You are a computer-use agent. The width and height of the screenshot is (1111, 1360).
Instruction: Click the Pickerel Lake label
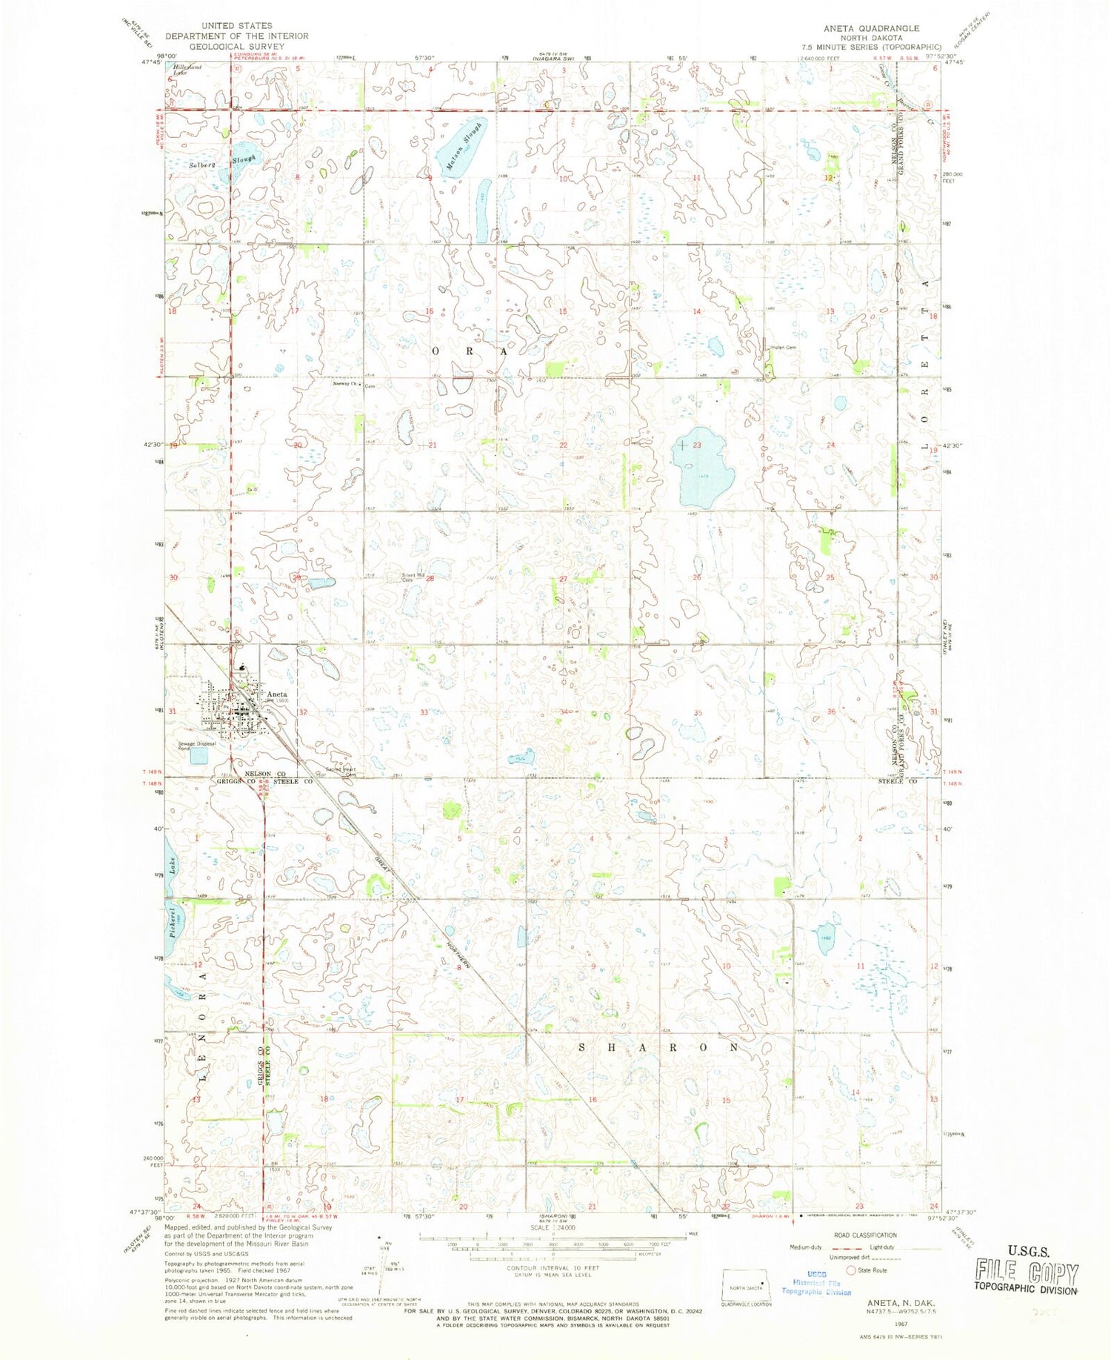[x=171, y=899]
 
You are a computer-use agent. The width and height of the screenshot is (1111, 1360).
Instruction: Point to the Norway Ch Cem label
[x=354, y=385]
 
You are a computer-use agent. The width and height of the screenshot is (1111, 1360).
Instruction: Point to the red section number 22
[x=564, y=445]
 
